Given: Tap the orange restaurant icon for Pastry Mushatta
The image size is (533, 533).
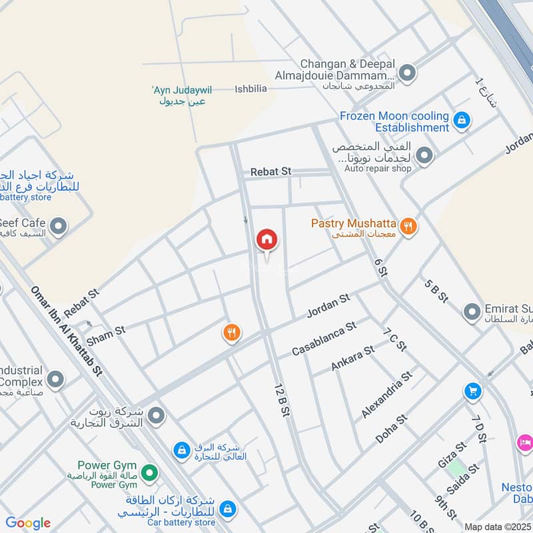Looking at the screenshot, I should [410, 227].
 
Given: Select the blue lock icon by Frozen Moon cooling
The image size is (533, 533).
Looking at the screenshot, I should [460, 121].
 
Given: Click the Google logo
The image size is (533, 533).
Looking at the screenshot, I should [28, 523].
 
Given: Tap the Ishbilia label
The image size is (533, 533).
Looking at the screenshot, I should [251, 89].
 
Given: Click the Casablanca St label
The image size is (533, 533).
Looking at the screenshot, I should [324, 338].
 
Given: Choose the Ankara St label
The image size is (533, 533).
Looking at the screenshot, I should [352, 358].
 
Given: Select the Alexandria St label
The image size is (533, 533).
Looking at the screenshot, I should [387, 395].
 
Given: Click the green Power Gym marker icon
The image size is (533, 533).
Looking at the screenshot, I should [151, 474].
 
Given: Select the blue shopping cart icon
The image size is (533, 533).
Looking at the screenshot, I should [473, 391].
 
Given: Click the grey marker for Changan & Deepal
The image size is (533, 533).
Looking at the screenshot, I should [406, 72].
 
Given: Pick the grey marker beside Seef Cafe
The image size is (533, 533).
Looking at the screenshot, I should [59, 227].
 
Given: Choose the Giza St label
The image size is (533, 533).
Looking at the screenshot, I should [452, 453].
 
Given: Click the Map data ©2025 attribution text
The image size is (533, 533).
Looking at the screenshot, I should [498, 526].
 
